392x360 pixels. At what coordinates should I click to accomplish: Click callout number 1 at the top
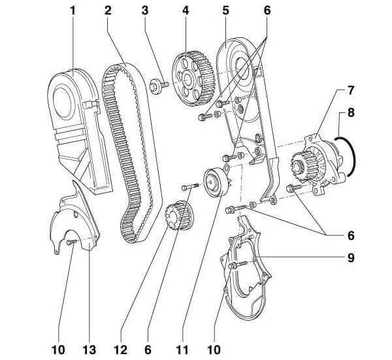click(x=73, y=11)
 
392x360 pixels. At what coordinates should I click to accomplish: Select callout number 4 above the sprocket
click(x=187, y=11)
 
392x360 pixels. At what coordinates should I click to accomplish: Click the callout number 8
click(x=351, y=113)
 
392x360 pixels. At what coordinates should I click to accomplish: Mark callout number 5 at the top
click(x=225, y=11)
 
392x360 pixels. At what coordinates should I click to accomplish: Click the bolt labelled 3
click(x=157, y=85)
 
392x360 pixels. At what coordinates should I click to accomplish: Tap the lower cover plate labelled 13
click(x=72, y=225)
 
